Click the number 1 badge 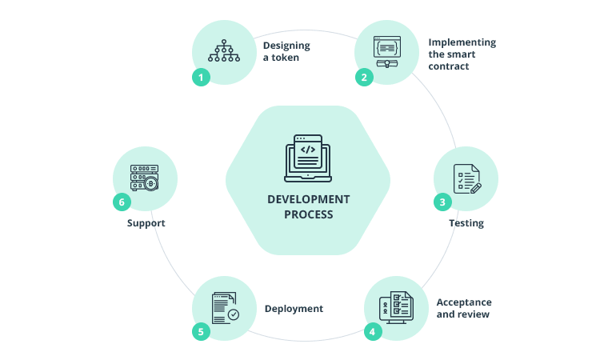point(201,78)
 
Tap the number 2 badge point(363,78)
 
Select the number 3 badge point(442,202)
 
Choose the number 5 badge point(201,330)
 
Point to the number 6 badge point(122,202)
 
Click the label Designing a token point(286,51)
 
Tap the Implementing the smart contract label point(462,54)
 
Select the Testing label point(466,223)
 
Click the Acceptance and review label point(463,308)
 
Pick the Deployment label point(294,308)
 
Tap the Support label point(146,223)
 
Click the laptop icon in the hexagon point(308,157)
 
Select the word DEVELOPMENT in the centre point(308,199)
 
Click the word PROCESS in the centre point(308,214)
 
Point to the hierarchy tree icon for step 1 point(224,50)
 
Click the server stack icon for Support point(144,178)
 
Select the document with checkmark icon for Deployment point(225,307)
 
